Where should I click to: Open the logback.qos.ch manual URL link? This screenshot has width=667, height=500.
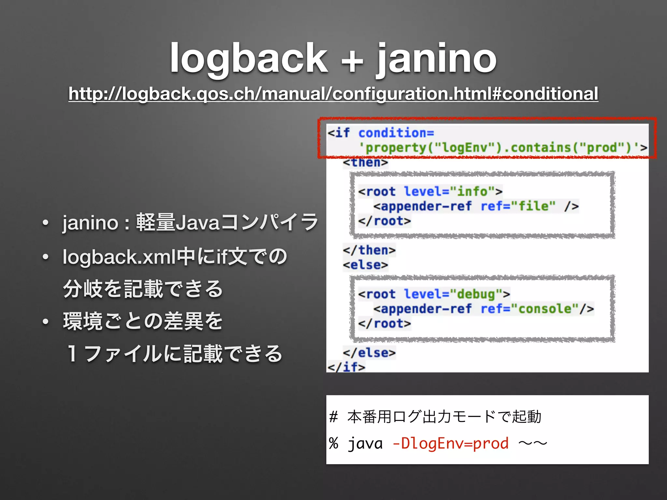(333, 94)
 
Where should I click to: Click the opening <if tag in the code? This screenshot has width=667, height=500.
(339, 133)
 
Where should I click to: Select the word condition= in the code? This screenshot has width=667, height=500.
(396, 133)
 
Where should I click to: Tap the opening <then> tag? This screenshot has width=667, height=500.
(365, 162)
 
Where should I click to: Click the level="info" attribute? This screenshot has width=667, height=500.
(449, 191)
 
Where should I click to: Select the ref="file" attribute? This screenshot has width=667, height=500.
(518, 206)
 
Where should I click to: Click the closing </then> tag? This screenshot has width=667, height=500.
(369, 250)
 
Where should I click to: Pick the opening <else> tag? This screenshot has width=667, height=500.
(365, 265)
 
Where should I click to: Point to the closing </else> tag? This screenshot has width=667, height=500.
(369, 353)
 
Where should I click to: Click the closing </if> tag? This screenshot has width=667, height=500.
(346, 367)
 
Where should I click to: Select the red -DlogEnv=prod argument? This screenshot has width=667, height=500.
(450, 443)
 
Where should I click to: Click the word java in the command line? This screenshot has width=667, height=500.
(365, 443)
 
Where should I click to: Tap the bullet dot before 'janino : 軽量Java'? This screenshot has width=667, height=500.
(45, 223)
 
